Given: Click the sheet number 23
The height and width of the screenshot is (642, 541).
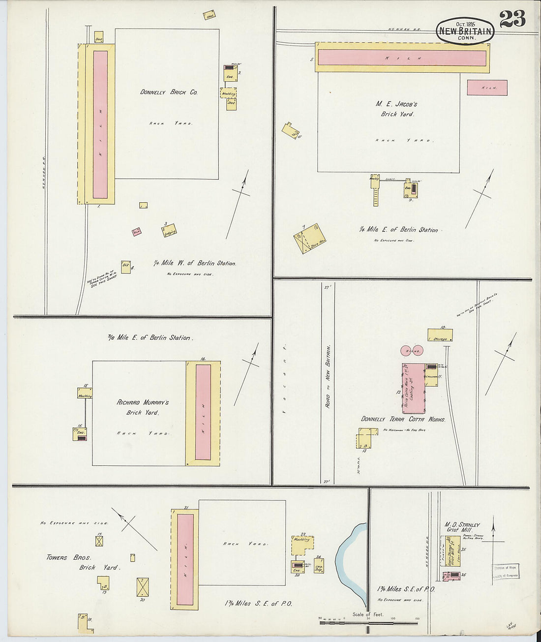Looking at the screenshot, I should [512, 19].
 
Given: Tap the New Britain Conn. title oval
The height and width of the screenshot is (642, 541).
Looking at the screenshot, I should [465, 31].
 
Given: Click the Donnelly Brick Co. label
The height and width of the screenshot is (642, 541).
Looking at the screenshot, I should [169, 92].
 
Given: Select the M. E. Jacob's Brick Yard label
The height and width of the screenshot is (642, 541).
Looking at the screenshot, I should [396, 109].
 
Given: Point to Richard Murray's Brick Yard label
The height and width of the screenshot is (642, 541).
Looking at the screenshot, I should [143, 407].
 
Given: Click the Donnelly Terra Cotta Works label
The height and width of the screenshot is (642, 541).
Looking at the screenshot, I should [403, 419].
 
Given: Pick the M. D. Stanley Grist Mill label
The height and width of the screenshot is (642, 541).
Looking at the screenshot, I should [462, 527].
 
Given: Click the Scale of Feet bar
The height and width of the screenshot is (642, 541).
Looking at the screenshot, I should [368, 622].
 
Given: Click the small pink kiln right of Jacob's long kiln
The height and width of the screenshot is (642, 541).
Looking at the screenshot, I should [487, 88].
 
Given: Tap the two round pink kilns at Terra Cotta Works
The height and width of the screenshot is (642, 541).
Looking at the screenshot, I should [412, 351].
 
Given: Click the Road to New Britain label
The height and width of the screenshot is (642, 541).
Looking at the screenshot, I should [328, 376].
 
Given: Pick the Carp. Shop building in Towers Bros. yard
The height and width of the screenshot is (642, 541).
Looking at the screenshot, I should [319, 566].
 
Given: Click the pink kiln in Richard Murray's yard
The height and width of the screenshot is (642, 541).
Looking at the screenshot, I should [203, 412].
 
